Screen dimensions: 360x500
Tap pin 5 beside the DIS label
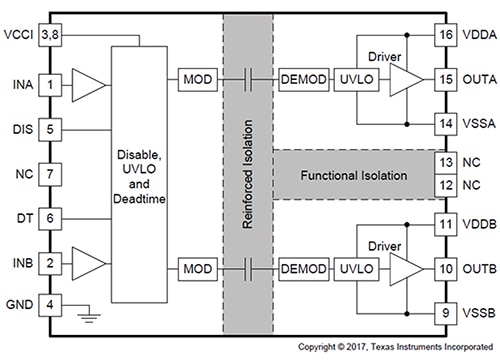click(49, 128)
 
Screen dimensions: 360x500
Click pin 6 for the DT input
click(49, 218)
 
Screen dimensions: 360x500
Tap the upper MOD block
click(194, 77)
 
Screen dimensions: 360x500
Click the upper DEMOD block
click(300, 77)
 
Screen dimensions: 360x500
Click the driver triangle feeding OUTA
click(405, 77)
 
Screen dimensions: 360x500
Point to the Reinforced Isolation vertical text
click(246, 175)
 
